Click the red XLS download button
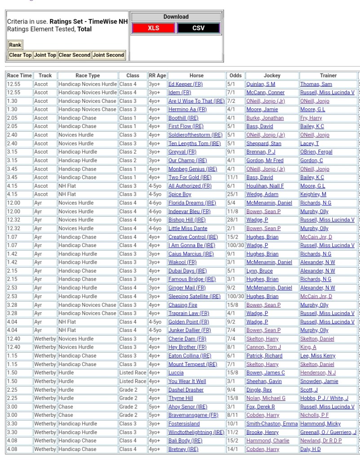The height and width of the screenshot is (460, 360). coord(153,28)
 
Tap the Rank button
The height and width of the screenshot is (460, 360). coord(15,44)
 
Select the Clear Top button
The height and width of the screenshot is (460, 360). coord(21,55)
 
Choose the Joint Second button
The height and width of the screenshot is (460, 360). coord(108,55)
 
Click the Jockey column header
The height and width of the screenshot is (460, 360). coord(271,75)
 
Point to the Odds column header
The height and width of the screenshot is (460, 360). coord(235,75)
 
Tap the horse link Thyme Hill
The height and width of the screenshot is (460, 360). coord(181,398)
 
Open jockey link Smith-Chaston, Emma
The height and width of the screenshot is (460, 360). coord(271,424)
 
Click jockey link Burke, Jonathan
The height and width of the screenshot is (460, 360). coord(265,118)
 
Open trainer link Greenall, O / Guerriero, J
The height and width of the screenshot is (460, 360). coord(328,432)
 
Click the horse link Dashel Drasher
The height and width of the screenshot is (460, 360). coord(186,389)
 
